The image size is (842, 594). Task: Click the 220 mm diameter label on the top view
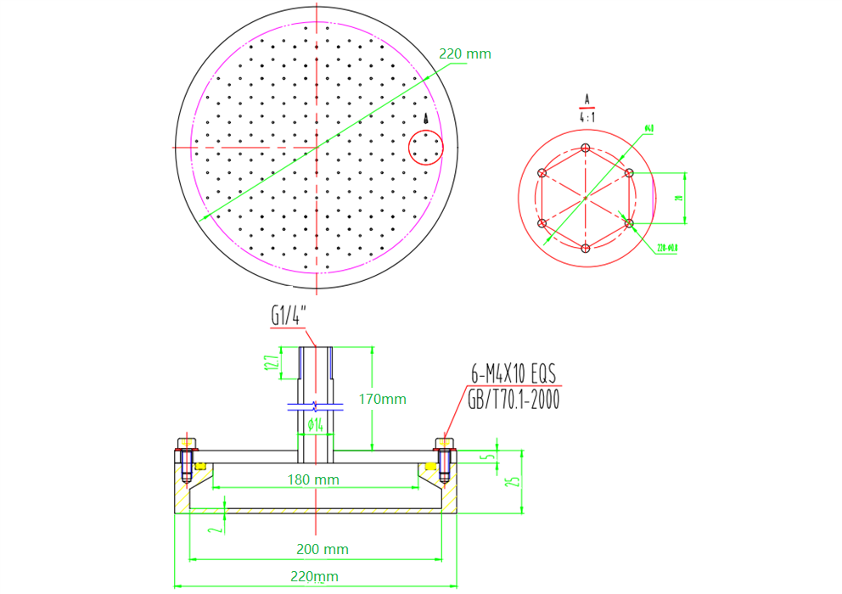(464, 53)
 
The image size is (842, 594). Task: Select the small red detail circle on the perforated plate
(426, 148)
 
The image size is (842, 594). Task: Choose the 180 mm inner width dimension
(314, 479)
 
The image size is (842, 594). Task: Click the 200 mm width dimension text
(323, 549)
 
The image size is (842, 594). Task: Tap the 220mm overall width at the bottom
(313, 577)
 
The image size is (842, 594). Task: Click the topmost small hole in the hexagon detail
(586, 148)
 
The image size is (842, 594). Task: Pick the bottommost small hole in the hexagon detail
(586, 248)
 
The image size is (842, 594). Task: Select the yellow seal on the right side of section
(430, 466)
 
